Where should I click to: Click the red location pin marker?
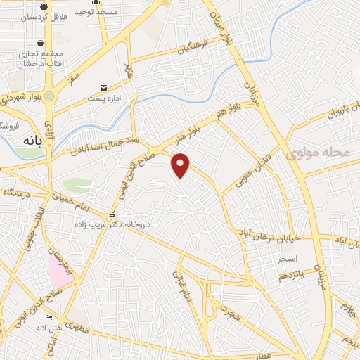click(181, 165)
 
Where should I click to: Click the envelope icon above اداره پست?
click(104, 87)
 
